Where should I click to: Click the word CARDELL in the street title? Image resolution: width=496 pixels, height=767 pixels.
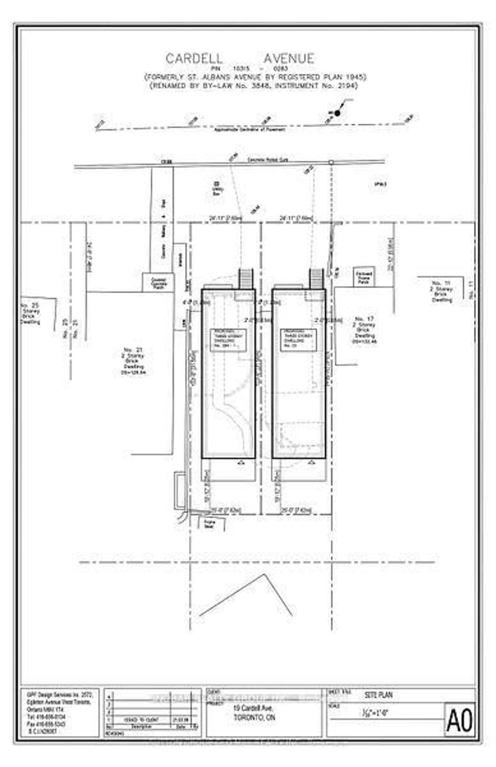[x=194, y=59]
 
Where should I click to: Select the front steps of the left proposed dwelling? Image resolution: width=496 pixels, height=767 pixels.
[x=245, y=279]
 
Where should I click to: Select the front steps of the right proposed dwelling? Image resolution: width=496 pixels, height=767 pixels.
[x=316, y=279]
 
